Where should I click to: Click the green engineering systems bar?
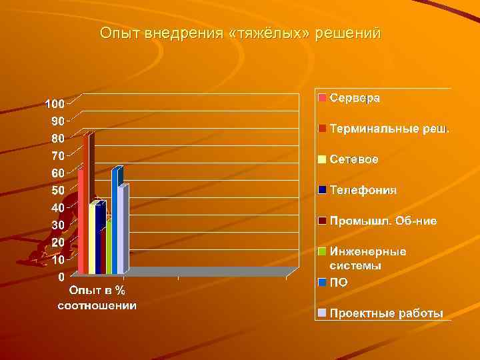click(109, 250)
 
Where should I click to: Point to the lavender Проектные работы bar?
click(121, 230)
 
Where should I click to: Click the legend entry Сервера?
click(355, 98)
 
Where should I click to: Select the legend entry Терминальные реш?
click(389, 128)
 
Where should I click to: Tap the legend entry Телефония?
click(363, 190)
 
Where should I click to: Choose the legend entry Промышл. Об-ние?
click(383, 221)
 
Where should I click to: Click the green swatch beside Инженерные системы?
click(322, 252)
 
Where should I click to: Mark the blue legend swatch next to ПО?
click(322, 283)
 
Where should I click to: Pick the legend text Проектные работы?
click(386, 313)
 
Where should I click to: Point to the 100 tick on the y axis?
click(55, 104)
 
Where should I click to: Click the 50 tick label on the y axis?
click(58, 191)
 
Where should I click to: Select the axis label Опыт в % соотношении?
click(97, 298)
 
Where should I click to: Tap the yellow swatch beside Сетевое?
click(322, 160)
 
